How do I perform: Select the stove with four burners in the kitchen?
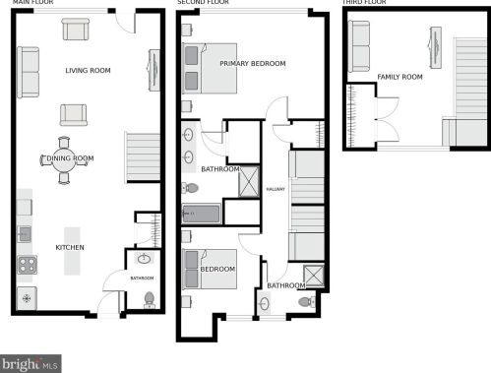(27, 264)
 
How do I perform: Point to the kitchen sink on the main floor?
(26, 234)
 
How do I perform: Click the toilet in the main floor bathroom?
(149, 298)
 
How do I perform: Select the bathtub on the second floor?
(201, 214)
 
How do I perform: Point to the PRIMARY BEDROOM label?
(252, 64)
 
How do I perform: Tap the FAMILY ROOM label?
(399, 77)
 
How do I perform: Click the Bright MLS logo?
(31, 363)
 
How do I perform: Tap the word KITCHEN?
(70, 247)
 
